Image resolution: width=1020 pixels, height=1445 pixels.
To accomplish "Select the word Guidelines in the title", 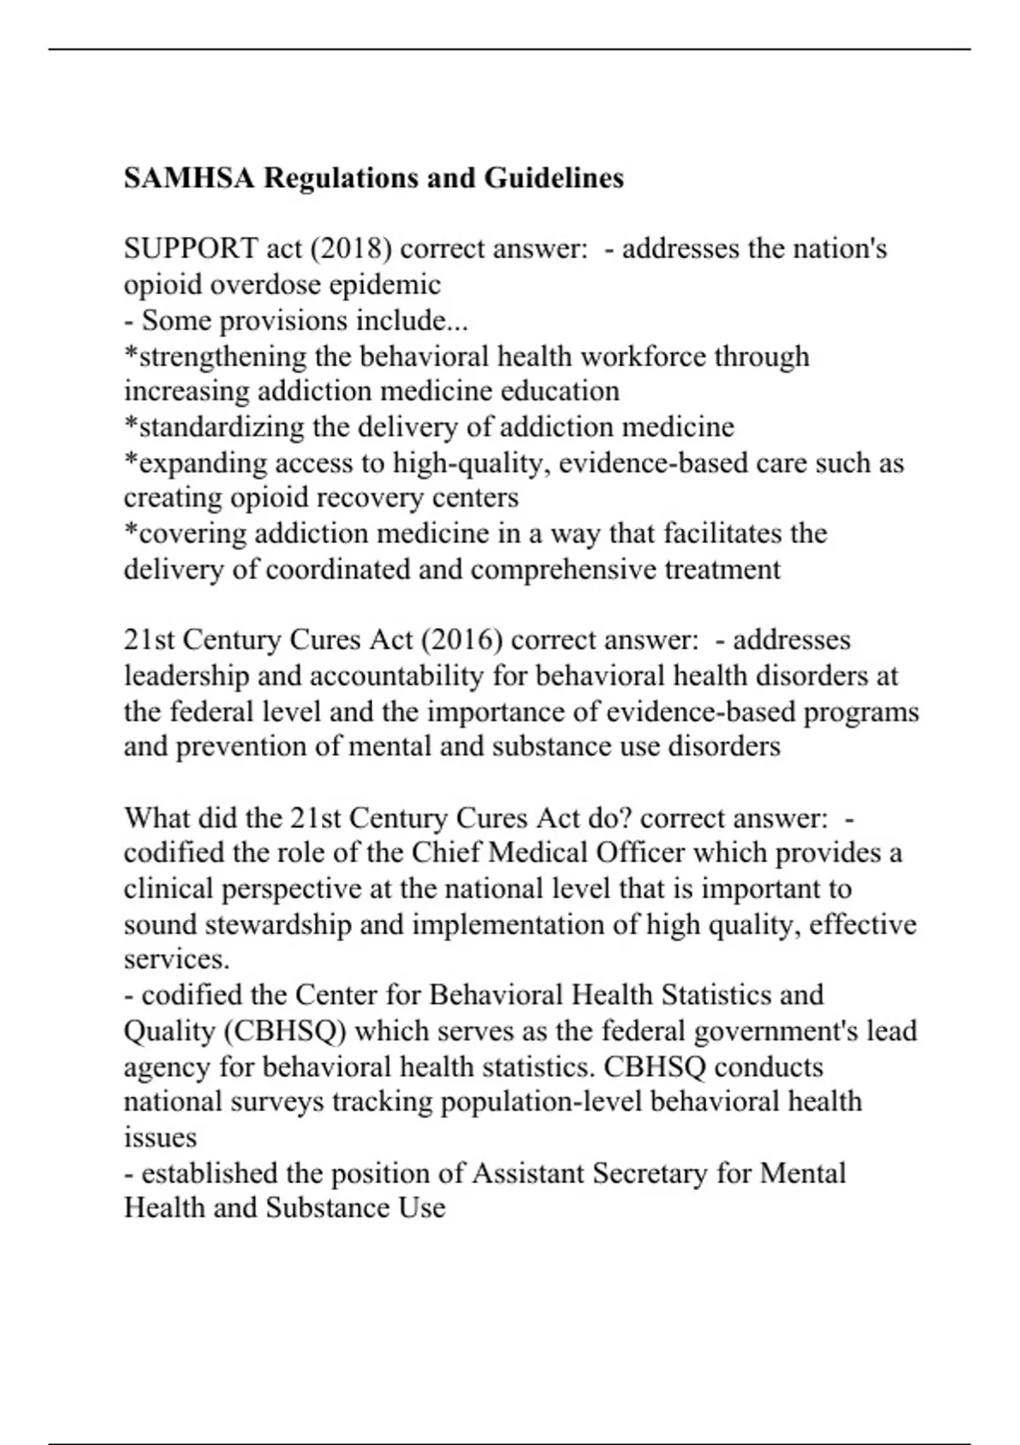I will (554, 178).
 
